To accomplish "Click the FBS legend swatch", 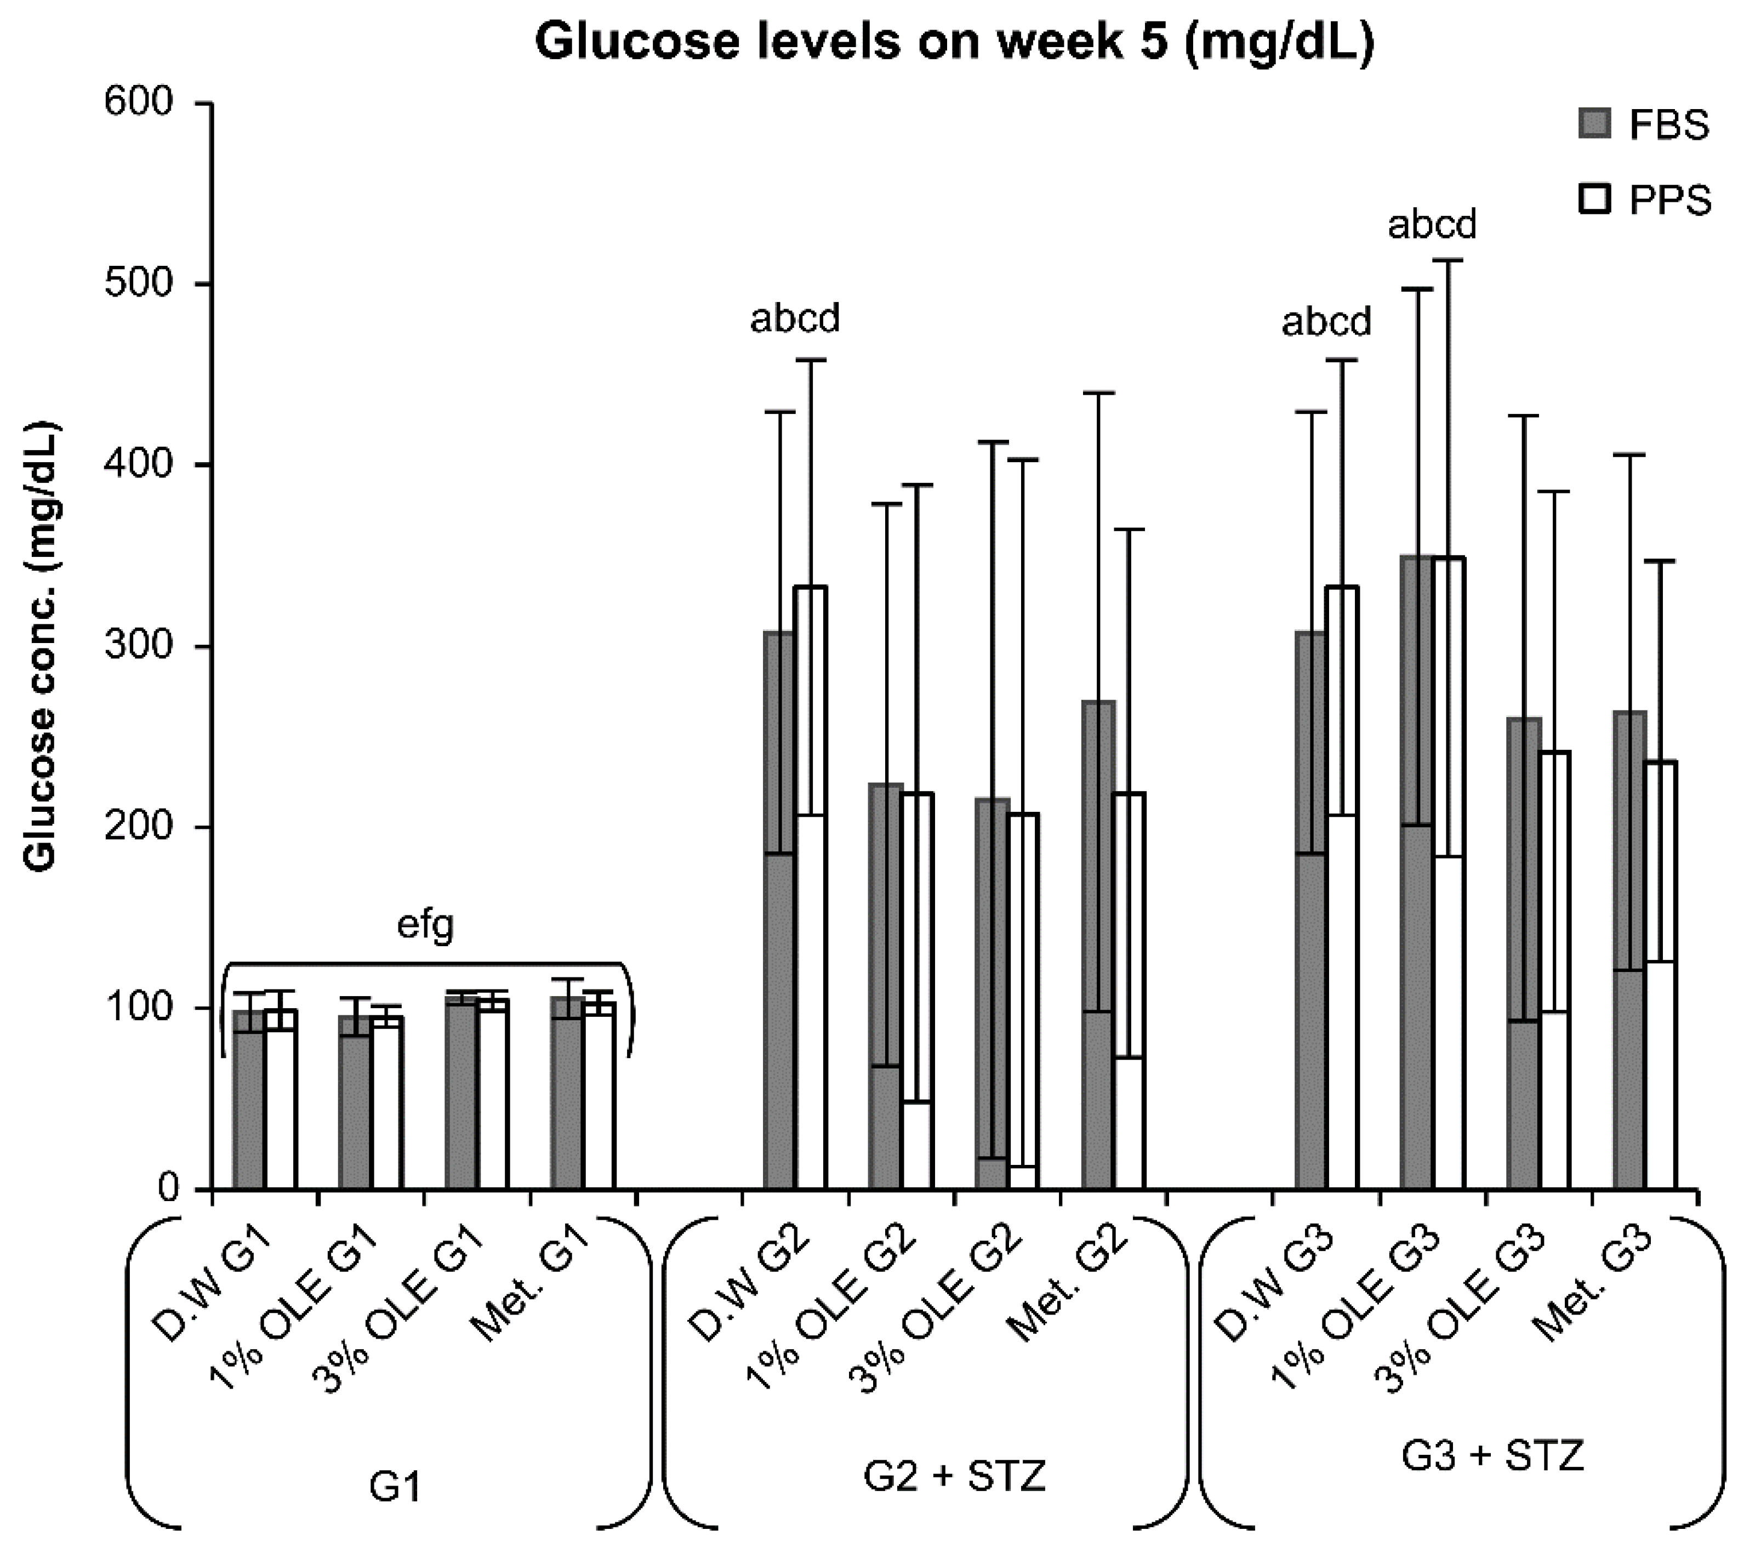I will pos(1595,124).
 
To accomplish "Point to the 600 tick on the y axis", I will pos(138,103).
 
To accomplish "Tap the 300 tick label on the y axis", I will pos(138,646).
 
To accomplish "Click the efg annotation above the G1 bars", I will pos(426,925).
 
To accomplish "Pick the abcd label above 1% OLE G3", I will pos(1432,225).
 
